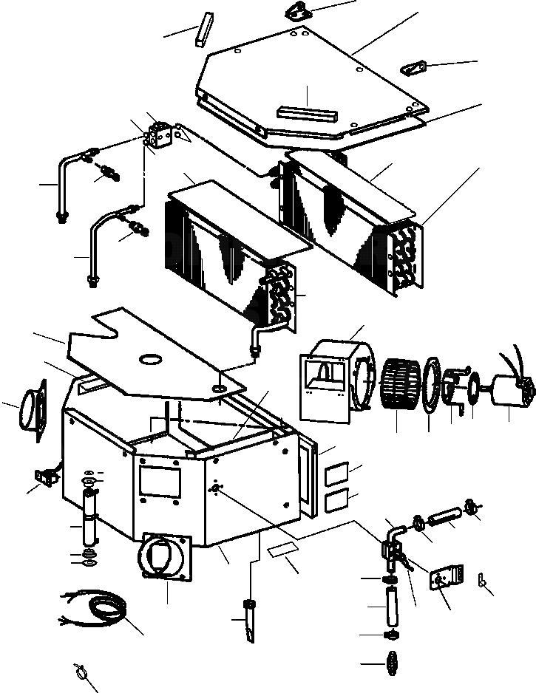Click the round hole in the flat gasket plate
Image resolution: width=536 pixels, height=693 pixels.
(x=150, y=359)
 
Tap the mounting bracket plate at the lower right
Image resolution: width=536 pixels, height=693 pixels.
(x=445, y=576)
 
